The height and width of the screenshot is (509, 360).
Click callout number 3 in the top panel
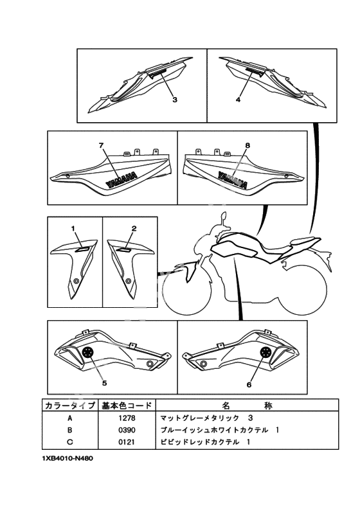pyautogui.click(x=175, y=100)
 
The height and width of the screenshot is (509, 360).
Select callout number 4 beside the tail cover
pyautogui.click(x=238, y=100)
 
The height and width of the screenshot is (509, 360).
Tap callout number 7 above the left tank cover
pyautogui.click(x=102, y=145)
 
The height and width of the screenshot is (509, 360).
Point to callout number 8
pyautogui.click(x=248, y=145)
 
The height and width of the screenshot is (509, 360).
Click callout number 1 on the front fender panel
pyautogui.click(x=73, y=229)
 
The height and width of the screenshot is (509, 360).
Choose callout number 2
pyautogui.click(x=134, y=229)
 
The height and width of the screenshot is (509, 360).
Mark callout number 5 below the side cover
pyautogui.click(x=105, y=383)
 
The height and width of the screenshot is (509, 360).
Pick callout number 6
pyautogui.click(x=249, y=385)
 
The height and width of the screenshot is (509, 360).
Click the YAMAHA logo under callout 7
pyautogui.click(x=121, y=179)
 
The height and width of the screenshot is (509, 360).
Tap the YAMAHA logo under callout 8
pyautogui.click(x=233, y=179)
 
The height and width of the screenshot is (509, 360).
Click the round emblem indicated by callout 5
pyautogui.click(x=88, y=352)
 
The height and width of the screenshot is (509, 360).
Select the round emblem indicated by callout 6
pyautogui.click(x=266, y=352)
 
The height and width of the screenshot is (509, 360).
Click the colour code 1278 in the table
pyautogui.click(x=127, y=418)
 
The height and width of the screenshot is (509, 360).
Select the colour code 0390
pyautogui.click(x=127, y=430)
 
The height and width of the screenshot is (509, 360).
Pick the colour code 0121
pyautogui.click(x=127, y=442)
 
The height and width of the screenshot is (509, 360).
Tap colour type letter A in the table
pyautogui.click(x=70, y=418)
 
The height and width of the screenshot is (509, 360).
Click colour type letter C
pyautogui.click(x=70, y=442)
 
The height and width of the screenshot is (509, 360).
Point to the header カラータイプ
pyautogui.click(x=70, y=406)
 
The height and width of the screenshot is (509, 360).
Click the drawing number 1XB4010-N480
pyautogui.click(x=67, y=459)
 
